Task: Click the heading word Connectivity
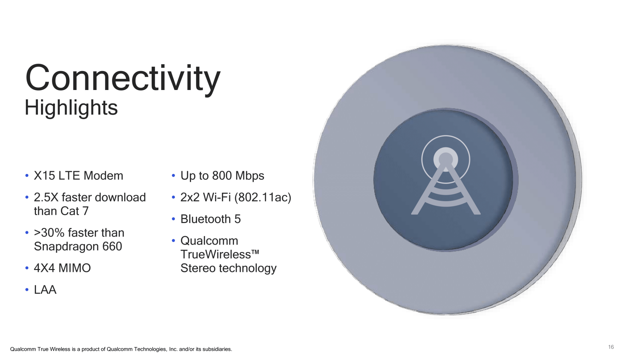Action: [x=123, y=78]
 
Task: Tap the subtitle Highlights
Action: [x=71, y=108]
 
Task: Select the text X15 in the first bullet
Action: [x=45, y=176]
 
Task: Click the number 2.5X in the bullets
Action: [x=46, y=197]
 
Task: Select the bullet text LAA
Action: [x=45, y=290]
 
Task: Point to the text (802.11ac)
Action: [x=263, y=197]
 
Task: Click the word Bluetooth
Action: [x=206, y=219]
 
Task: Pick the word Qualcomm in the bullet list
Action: [x=209, y=241]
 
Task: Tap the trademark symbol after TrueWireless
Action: [x=255, y=252]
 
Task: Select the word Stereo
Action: [x=198, y=268]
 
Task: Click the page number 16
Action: [x=611, y=347]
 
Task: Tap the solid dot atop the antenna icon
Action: [x=446, y=160]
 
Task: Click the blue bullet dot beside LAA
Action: [x=27, y=290]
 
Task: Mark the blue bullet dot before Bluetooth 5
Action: [x=173, y=219]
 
